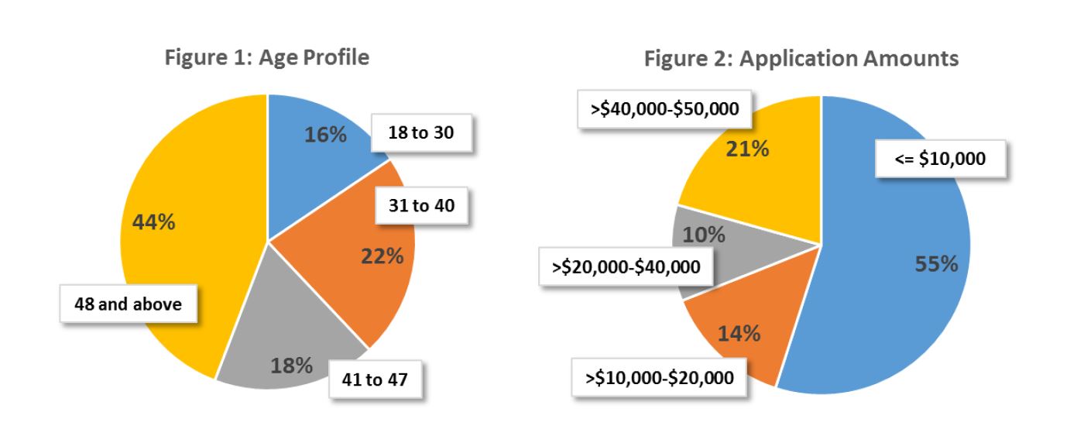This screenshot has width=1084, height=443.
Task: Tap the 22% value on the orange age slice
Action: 382,256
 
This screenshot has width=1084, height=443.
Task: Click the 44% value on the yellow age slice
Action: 154,222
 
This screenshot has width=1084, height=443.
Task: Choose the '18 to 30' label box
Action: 422,133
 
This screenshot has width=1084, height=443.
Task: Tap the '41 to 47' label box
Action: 377,381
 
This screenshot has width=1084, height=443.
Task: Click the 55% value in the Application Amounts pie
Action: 936,264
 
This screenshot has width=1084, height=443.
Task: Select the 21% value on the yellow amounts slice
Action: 747,150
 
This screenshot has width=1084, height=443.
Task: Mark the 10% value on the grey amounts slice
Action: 704,235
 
